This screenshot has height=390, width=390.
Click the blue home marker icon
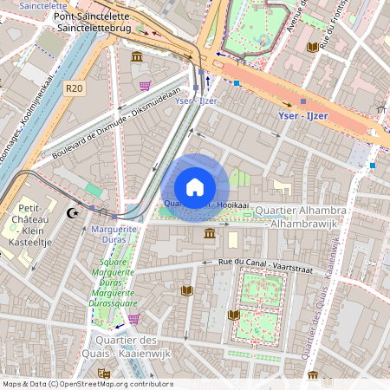click(195, 187)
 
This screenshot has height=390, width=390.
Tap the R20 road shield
click(74, 88)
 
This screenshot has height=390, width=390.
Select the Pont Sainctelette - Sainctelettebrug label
click(93, 23)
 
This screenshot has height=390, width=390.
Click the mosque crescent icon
click(73, 212)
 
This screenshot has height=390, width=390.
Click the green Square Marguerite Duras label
click(114, 283)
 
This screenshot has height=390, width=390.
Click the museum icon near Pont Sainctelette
click(137, 57)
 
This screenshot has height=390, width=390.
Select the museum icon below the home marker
click(210, 234)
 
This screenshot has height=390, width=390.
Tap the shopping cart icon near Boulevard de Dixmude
click(144, 86)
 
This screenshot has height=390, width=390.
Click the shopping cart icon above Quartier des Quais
click(133, 319)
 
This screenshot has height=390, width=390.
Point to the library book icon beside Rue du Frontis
click(312, 47)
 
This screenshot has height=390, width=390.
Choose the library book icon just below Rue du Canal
click(185, 290)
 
